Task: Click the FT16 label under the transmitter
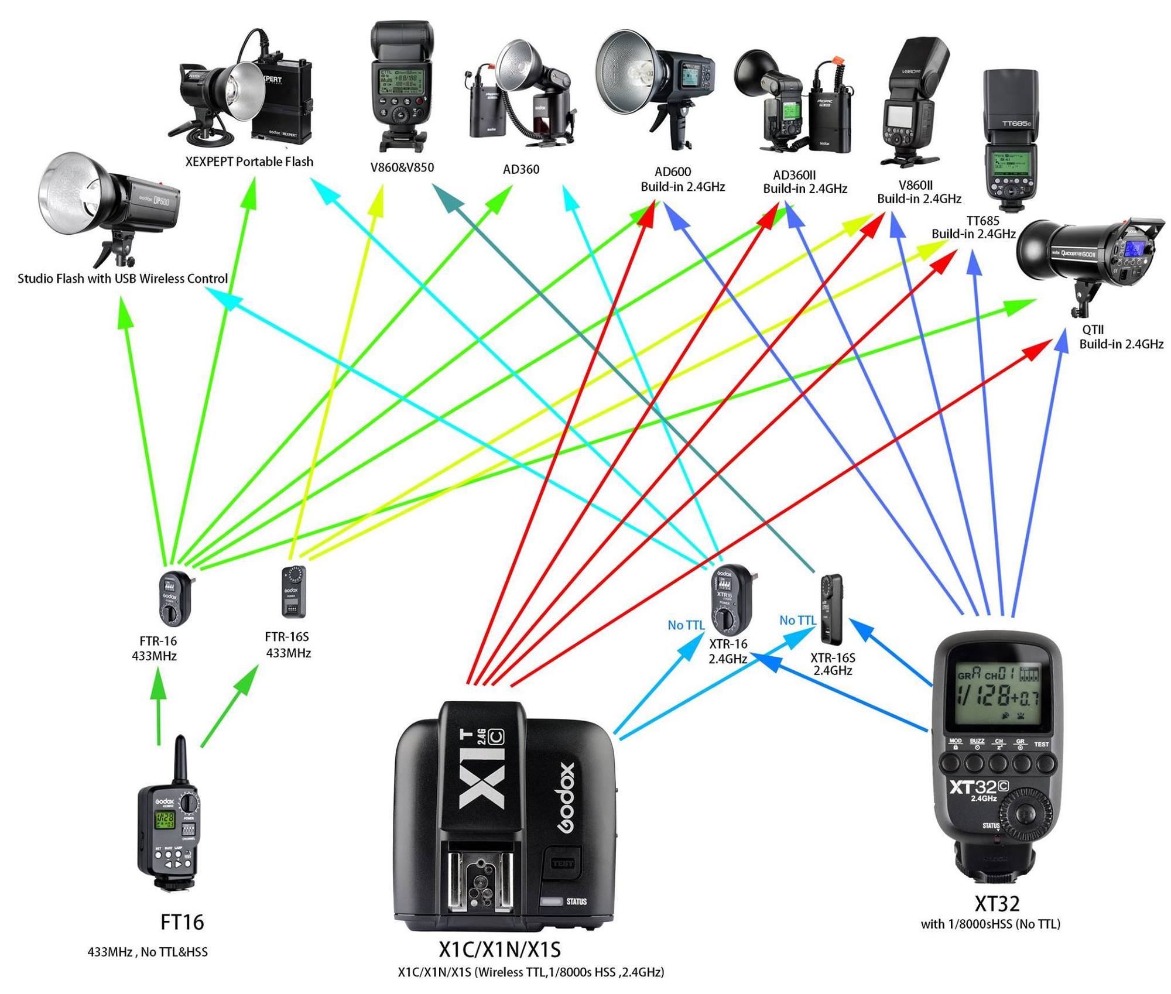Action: [182, 922]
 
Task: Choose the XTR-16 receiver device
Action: [730, 597]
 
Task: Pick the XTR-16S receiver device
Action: [831, 609]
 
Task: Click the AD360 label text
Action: [521, 170]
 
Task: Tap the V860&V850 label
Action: [402, 167]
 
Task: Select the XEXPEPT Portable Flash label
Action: [249, 162]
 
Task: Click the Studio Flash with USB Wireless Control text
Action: [122, 279]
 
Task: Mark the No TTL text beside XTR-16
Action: [686, 625]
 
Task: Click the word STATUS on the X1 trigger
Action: [576, 902]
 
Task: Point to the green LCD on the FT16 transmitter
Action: [165, 820]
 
